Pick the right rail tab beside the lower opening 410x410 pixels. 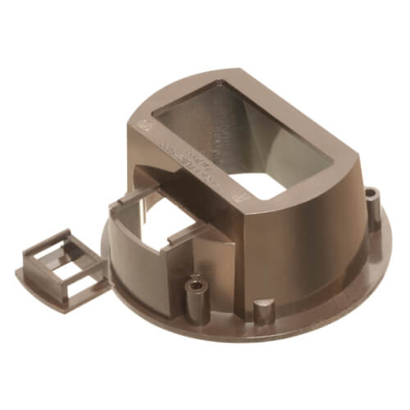[184, 238]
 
